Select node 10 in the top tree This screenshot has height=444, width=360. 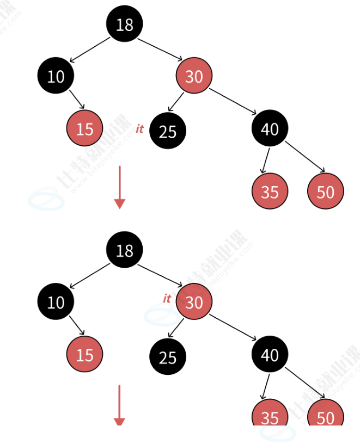(56, 76)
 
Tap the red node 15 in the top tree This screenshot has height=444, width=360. (84, 129)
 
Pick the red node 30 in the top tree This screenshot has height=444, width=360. (194, 76)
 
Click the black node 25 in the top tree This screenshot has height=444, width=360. (168, 131)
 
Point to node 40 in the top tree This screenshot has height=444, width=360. (270, 129)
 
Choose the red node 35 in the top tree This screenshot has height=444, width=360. (270, 192)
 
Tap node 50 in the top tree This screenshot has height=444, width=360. (325, 192)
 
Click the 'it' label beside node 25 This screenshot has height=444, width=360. (139, 129)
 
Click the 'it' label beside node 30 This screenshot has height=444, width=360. (167, 298)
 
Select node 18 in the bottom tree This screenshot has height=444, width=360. (124, 250)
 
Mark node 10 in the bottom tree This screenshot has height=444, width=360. (56, 302)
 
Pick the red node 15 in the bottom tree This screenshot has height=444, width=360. (84, 355)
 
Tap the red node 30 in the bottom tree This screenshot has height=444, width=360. (194, 302)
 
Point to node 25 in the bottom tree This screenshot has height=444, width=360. (168, 357)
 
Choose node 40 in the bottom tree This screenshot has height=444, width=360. (270, 355)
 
